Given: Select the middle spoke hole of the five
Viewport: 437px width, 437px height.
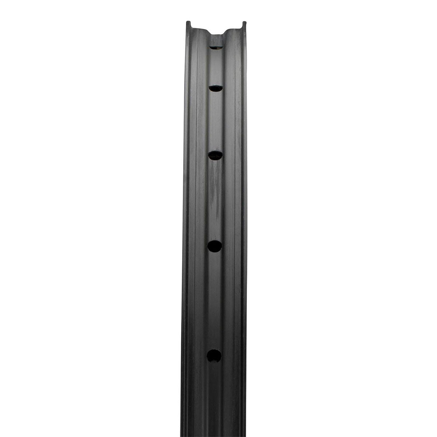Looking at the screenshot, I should pos(215,155).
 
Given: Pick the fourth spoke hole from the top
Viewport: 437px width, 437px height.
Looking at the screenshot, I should pos(215,247).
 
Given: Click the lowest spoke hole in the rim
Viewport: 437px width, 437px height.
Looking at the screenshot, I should pos(214,356).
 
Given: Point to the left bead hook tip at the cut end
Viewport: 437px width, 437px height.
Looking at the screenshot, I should pos(188,23).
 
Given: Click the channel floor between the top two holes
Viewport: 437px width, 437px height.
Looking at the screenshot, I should pos(216,67).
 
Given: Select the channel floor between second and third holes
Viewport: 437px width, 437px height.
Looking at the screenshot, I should pos(216,122).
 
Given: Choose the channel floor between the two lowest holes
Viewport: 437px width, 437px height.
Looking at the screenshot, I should pos(214,302).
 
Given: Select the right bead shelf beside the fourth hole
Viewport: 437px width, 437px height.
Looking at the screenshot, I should pos(233,247).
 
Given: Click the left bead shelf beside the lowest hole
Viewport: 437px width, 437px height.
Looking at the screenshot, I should pos(197,356).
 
